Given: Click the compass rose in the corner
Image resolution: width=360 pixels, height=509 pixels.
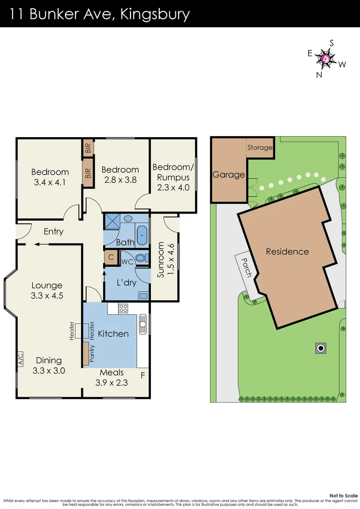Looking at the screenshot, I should click(326, 58).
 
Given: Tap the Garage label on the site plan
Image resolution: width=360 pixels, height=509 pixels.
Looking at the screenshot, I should click(229, 174).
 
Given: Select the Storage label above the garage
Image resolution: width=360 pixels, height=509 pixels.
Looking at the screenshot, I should click(260, 148).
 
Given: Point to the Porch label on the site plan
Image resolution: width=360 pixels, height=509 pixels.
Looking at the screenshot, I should click(245, 267).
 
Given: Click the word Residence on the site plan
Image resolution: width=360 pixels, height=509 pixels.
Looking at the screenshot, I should click(287, 252).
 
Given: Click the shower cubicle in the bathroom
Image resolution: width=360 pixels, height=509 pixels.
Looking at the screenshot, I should click(112, 221).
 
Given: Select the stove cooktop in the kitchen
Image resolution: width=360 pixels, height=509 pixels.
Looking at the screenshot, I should click(123, 309).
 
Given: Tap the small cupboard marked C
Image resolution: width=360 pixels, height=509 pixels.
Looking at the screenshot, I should click(111, 257).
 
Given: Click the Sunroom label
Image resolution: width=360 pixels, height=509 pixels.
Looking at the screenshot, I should click(161, 260).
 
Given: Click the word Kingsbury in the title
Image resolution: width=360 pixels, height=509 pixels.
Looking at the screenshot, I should click(155, 14).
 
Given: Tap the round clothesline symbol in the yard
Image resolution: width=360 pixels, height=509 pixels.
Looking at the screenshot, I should click(321, 348).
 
